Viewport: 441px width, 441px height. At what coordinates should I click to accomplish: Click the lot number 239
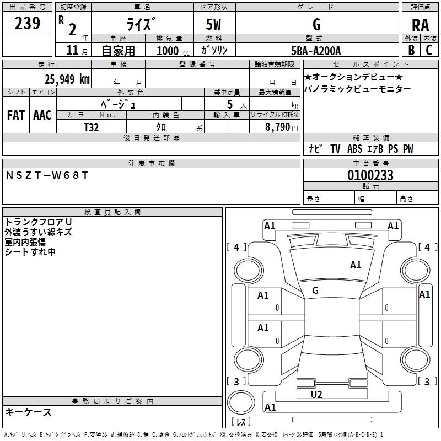[27, 23]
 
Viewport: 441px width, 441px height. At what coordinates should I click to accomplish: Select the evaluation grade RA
[420, 25]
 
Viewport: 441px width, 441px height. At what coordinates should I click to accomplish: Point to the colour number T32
[92, 127]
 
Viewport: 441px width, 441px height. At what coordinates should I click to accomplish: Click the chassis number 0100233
[370, 175]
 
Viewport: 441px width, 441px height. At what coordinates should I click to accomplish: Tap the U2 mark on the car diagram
[316, 394]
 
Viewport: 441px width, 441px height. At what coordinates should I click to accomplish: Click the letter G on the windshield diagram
[315, 291]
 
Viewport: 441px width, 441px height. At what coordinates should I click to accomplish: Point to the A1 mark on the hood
[356, 265]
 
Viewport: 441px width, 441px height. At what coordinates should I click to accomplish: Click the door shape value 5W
[214, 25]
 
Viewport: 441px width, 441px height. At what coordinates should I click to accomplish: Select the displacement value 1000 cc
[171, 51]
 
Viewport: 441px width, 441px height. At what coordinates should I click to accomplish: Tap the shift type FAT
[15, 115]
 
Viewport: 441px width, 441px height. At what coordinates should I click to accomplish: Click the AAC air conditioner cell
[42, 115]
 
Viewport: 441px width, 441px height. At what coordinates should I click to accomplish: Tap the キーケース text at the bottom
[29, 412]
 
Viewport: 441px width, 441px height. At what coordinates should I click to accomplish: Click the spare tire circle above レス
[241, 402]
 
